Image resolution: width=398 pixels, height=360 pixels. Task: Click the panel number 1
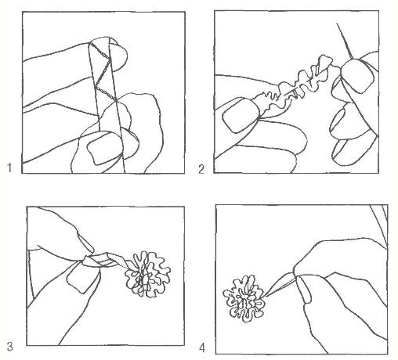(9, 167)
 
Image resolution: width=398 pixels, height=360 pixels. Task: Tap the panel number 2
(201, 169)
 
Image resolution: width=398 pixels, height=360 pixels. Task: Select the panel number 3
(9, 347)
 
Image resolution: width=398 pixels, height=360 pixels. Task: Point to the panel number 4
(202, 347)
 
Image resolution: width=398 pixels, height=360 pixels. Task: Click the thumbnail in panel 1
(104, 147)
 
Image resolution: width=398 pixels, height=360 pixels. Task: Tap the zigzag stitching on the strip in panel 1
(103, 72)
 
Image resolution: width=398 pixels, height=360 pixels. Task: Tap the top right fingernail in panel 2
(358, 76)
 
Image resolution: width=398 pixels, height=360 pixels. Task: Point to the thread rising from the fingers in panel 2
(346, 41)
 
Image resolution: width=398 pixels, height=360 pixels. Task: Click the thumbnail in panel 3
(83, 276)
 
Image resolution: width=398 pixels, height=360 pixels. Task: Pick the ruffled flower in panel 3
(147, 275)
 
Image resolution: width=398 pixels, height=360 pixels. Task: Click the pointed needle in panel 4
(280, 285)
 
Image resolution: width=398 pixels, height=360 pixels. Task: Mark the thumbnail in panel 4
(303, 290)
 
